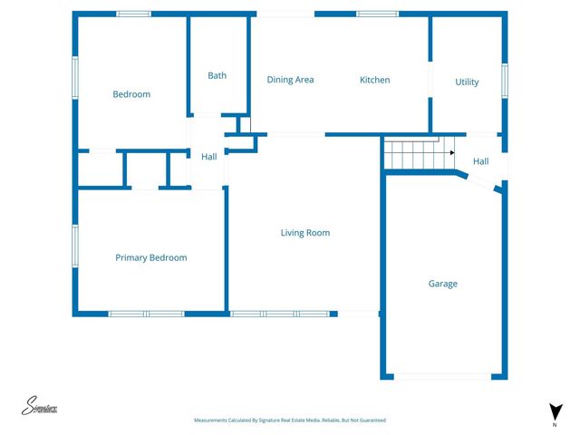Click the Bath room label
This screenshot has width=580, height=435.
[217, 75]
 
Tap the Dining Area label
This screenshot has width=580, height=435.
[290, 80]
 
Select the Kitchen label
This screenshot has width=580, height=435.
[374, 80]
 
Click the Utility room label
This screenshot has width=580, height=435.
[467, 82]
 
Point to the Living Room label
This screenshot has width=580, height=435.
[304, 233]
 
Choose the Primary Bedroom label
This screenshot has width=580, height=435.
[150, 257]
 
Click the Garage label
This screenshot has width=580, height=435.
[443, 284]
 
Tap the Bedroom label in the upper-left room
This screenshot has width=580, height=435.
[131, 94]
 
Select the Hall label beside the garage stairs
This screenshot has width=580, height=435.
[480, 161]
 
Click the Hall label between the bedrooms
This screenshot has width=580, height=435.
[208, 157]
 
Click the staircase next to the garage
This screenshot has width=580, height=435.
[418, 154]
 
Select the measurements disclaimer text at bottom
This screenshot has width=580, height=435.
[290, 420]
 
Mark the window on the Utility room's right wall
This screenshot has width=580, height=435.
[505, 79]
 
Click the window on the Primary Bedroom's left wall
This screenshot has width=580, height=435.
[75, 246]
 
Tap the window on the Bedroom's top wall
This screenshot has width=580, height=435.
[134, 14]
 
